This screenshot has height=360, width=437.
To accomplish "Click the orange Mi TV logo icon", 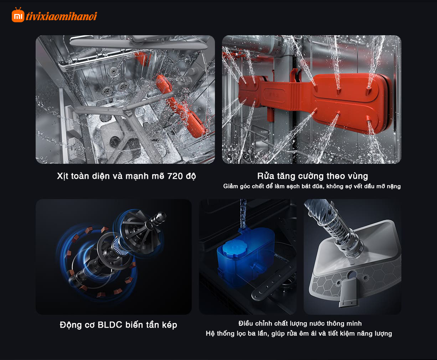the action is [x=18, y=15].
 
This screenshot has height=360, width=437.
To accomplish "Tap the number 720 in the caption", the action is [x=175, y=176].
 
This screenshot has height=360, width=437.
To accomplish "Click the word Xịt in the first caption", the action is [x=63, y=176].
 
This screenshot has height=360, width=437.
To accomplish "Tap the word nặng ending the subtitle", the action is [x=394, y=187].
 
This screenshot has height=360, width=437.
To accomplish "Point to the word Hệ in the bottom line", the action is [x=210, y=333].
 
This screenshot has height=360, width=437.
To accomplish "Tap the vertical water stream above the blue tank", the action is [x=243, y=214].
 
